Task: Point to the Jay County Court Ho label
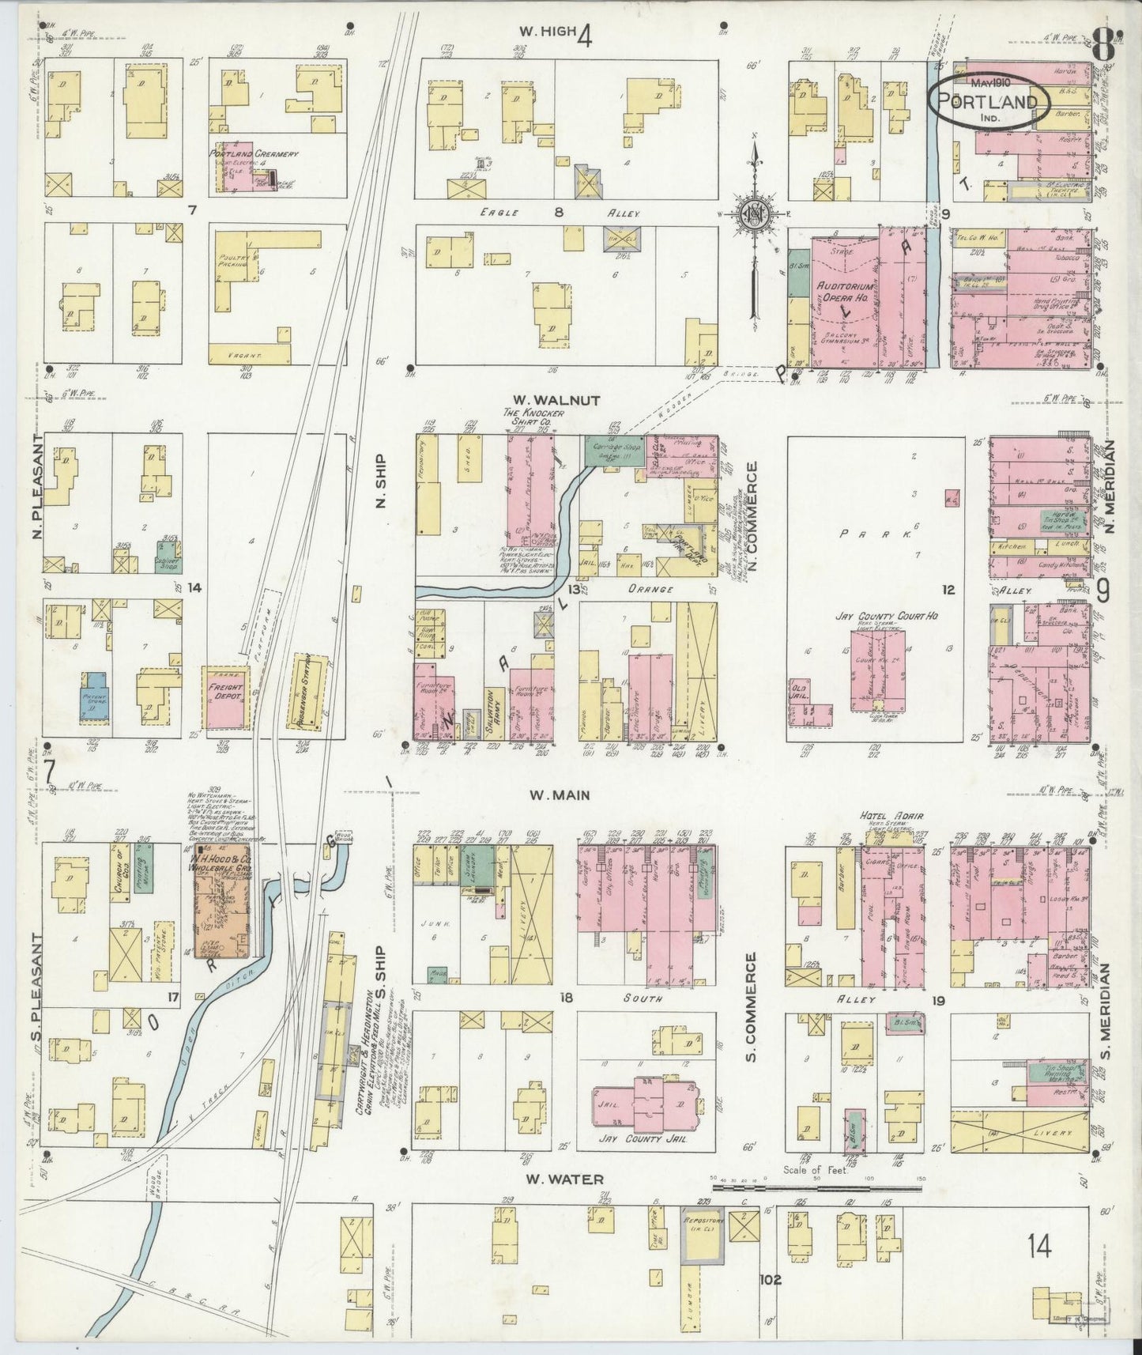(887, 615)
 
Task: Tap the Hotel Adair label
(885, 817)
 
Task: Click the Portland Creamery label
(254, 153)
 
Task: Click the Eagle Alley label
(559, 213)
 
